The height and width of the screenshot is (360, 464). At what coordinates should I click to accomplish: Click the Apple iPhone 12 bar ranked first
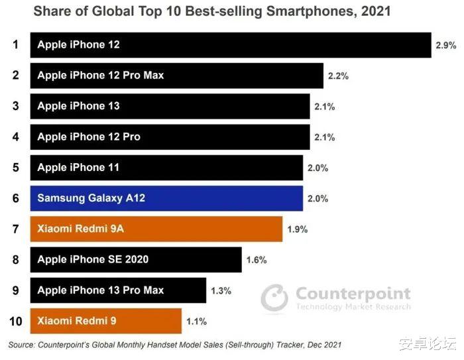pyautogui.click(x=230, y=45)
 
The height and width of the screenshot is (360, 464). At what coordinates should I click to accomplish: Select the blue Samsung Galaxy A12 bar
pyautogui.click(x=166, y=198)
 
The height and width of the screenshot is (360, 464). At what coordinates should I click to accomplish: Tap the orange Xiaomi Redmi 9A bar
pyautogui.click(x=156, y=229)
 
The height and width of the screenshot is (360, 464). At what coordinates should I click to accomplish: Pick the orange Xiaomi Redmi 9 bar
pyautogui.click(x=105, y=321)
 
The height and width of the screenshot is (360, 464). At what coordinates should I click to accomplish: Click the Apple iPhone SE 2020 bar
pyautogui.click(x=136, y=259)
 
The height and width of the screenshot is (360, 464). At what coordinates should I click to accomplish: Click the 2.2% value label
pyautogui.click(x=338, y=76)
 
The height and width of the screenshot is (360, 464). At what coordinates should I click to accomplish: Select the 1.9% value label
pyautogui.click(x=297, y=229)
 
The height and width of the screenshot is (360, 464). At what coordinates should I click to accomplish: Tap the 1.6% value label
pyautogui.click(x=256, y=260)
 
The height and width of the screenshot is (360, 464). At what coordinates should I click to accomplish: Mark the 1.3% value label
pyautogui.click(x=220, y=290)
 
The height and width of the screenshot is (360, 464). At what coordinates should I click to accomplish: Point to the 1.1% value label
pyautogui.click(x=196, y=322)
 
